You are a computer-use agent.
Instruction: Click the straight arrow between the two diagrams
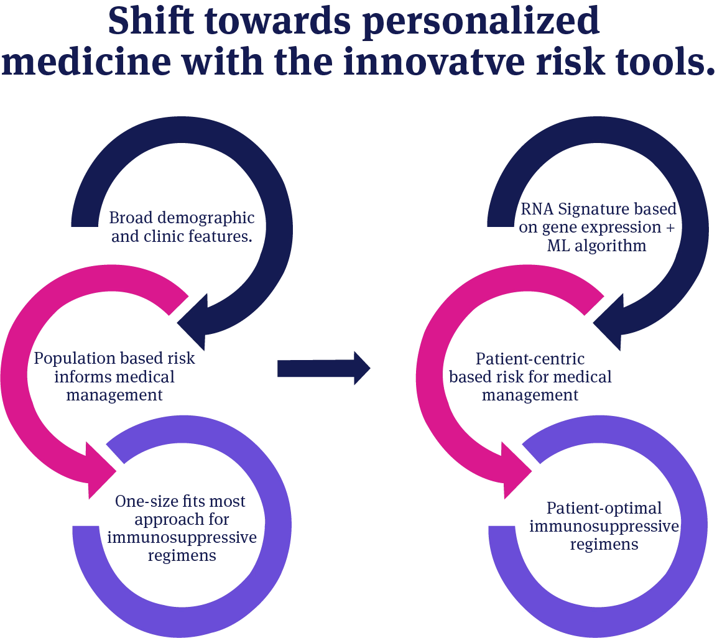[x=323, y=369]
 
